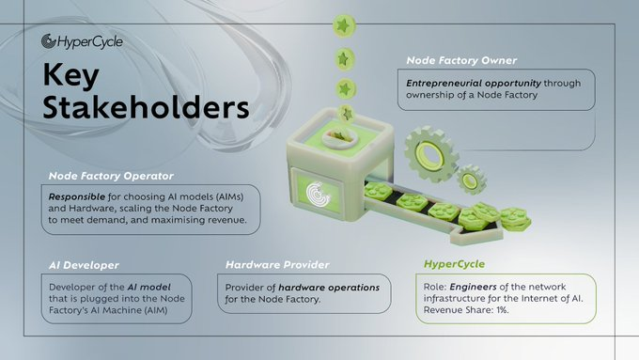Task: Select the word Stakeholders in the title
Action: tap(146, 107)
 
